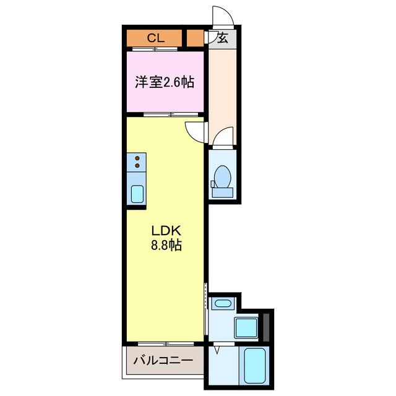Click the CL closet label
(155, 38)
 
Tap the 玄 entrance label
(223, 38)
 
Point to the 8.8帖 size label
(165, 245)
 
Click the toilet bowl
(222, 176)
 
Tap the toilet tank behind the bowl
(222, 192)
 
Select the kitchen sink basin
(136, 194)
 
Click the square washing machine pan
(247, 327)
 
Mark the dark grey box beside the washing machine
(266, 327)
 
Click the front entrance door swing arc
(220, 15)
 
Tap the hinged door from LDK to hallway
(195, 131)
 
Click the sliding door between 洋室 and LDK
(170, 114)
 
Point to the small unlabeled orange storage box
(195, 38)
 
